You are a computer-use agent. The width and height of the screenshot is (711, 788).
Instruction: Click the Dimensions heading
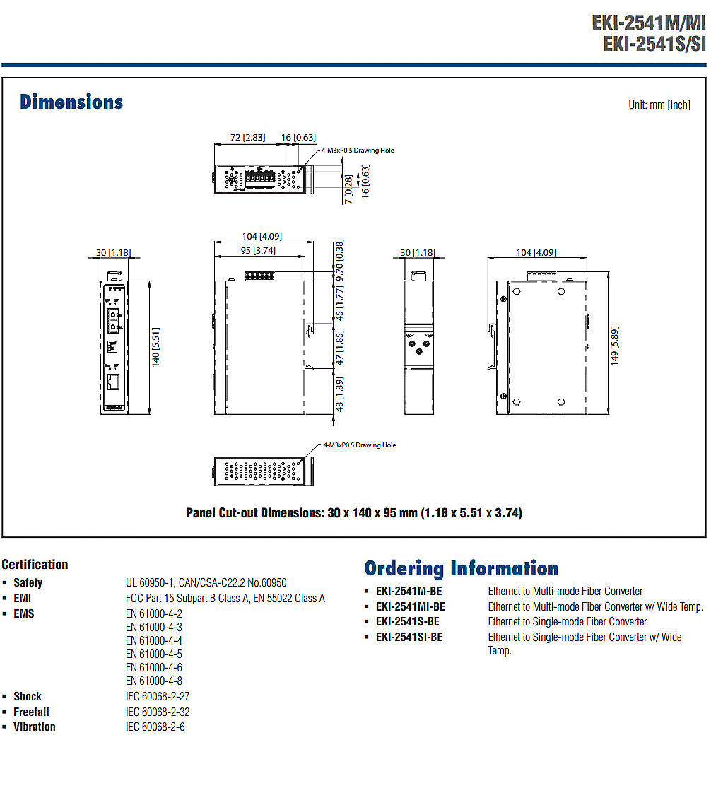tap(71, 102)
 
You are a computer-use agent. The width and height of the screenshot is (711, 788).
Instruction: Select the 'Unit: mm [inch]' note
tap(659, 105)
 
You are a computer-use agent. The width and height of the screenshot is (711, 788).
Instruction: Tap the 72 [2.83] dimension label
tap(247, 138)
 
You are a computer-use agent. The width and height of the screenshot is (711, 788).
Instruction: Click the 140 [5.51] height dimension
tap(156, 346)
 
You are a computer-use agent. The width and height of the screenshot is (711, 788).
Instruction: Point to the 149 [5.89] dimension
tap(614, 346)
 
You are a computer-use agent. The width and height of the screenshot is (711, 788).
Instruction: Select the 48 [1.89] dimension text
tap(339, 394)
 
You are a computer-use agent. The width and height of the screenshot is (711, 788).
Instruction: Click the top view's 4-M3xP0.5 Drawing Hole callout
tap(358, 151)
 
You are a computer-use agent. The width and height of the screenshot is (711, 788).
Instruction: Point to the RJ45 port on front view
tap(113, 382)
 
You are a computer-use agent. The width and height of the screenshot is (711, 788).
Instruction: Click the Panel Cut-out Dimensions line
tap(354, 513)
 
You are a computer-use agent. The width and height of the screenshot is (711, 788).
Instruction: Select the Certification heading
tap(35, 565)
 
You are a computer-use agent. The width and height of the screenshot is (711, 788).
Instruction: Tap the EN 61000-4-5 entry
tap(154, 654)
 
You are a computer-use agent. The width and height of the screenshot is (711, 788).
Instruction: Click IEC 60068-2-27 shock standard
tap(158, 697)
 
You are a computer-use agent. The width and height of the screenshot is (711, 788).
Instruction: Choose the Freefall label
tap(31, 712)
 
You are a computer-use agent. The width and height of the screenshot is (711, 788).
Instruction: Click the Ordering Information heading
tap(462, 569)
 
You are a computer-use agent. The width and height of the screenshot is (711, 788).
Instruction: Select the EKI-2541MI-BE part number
tap(411, 606)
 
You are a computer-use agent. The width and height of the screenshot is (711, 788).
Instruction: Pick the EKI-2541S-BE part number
tap(408, 622)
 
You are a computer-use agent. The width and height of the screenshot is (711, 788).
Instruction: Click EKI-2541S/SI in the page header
tap(654, 44)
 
